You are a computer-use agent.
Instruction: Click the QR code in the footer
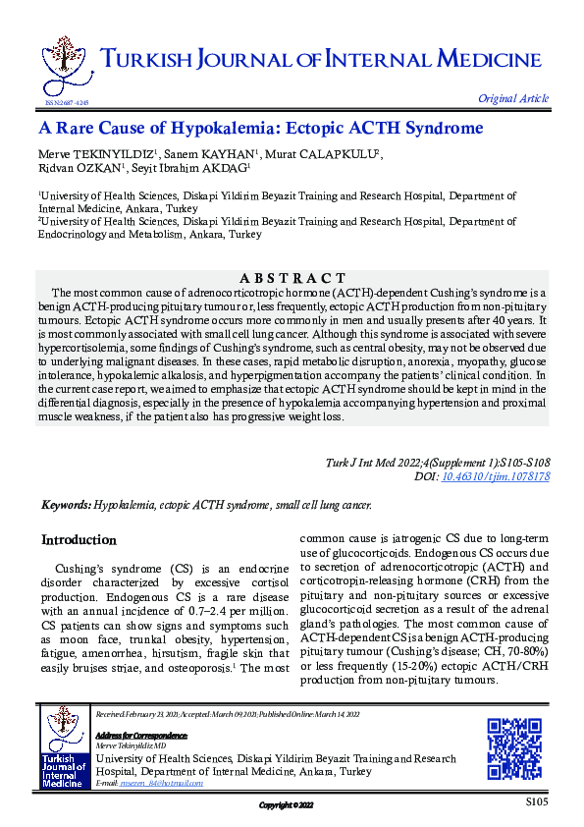pos(515,748)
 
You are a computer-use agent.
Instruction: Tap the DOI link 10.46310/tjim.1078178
pos(498,475)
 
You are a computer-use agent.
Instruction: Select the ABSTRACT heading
pos(292,279)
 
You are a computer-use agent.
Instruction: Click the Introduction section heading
pos(79,540)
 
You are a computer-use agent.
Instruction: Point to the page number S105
pos(536,803)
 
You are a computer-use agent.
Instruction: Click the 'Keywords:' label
pos(66,505)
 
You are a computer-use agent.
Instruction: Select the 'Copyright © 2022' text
pos(286,805)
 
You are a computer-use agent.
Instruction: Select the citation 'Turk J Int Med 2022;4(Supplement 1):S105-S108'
pos(437,462)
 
